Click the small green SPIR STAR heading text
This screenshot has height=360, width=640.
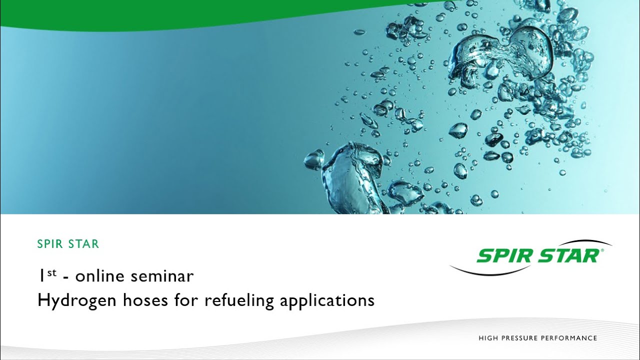[68, 244]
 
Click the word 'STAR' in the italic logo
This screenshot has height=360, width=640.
[568, 256]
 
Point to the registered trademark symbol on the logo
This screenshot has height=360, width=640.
[601, 251]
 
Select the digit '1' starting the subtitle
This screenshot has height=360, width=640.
[40, 275]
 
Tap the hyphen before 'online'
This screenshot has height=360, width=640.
[66, 277]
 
